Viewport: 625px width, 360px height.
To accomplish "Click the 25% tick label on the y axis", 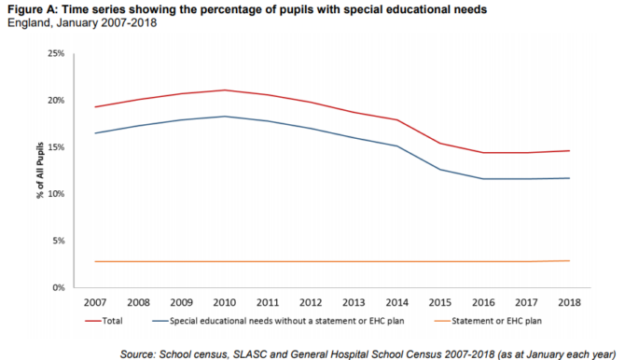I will pos(55,53).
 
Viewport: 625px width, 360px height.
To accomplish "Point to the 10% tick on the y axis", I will pos(55,194).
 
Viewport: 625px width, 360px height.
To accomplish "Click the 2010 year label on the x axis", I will pos(225,303).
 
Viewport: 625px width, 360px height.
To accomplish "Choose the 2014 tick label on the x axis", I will pos(396,303).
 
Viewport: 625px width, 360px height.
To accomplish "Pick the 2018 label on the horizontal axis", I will pos(568,303).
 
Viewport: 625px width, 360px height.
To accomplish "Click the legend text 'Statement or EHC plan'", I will pos(497,320).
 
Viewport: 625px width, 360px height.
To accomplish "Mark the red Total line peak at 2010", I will pos(225,90).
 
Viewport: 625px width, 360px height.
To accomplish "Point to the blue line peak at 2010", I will pos(225,117).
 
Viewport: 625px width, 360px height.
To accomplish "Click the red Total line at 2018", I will pos(568,151).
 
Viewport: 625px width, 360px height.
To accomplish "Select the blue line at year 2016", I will pos(482,178).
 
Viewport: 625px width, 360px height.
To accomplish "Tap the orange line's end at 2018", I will pos(568,261).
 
